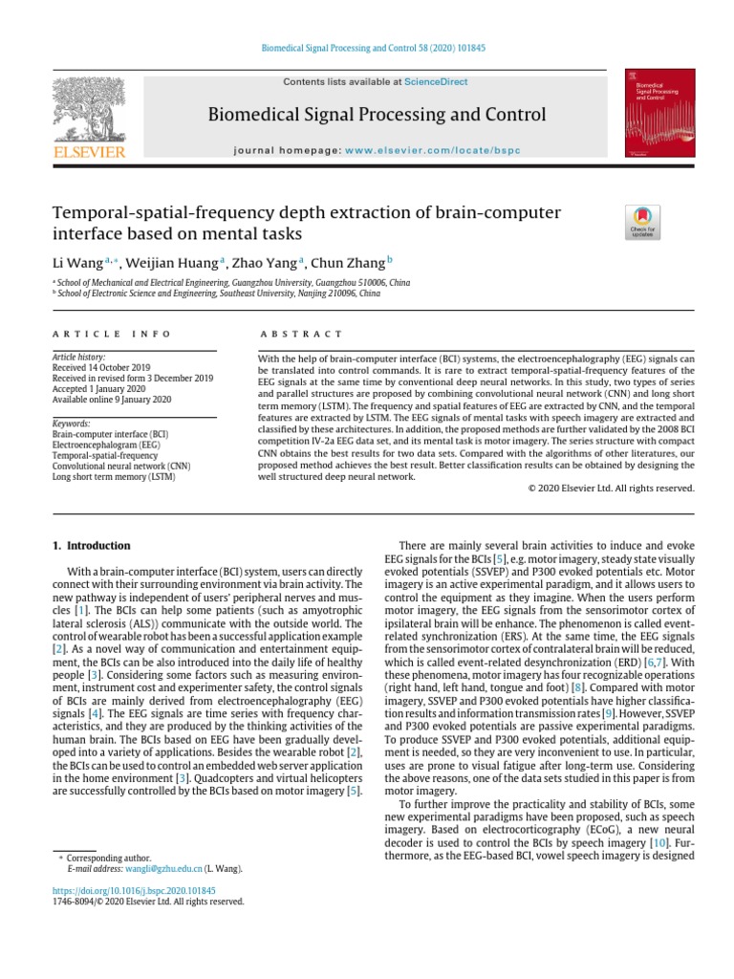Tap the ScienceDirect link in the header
click(435, 82)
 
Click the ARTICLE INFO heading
click(111, 334)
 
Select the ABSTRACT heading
click(300, 334)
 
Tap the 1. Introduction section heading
click(91, 546)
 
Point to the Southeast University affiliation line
click(217, 294)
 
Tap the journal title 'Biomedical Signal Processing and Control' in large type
click(377, 116)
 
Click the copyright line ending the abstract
click(611, 488)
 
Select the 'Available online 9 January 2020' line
click(113, 399)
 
